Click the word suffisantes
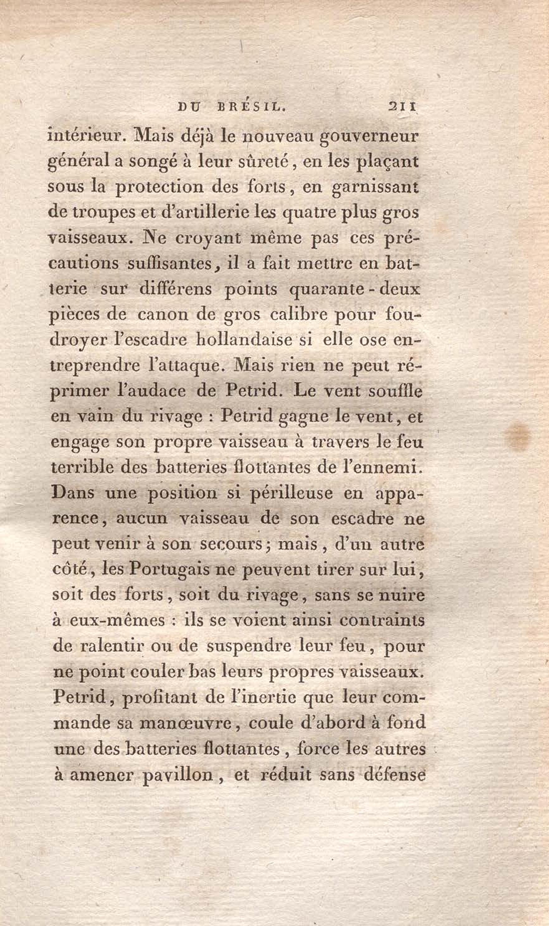coord(170,264)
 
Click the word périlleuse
coord(292,494)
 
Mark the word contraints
coord(382,620)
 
